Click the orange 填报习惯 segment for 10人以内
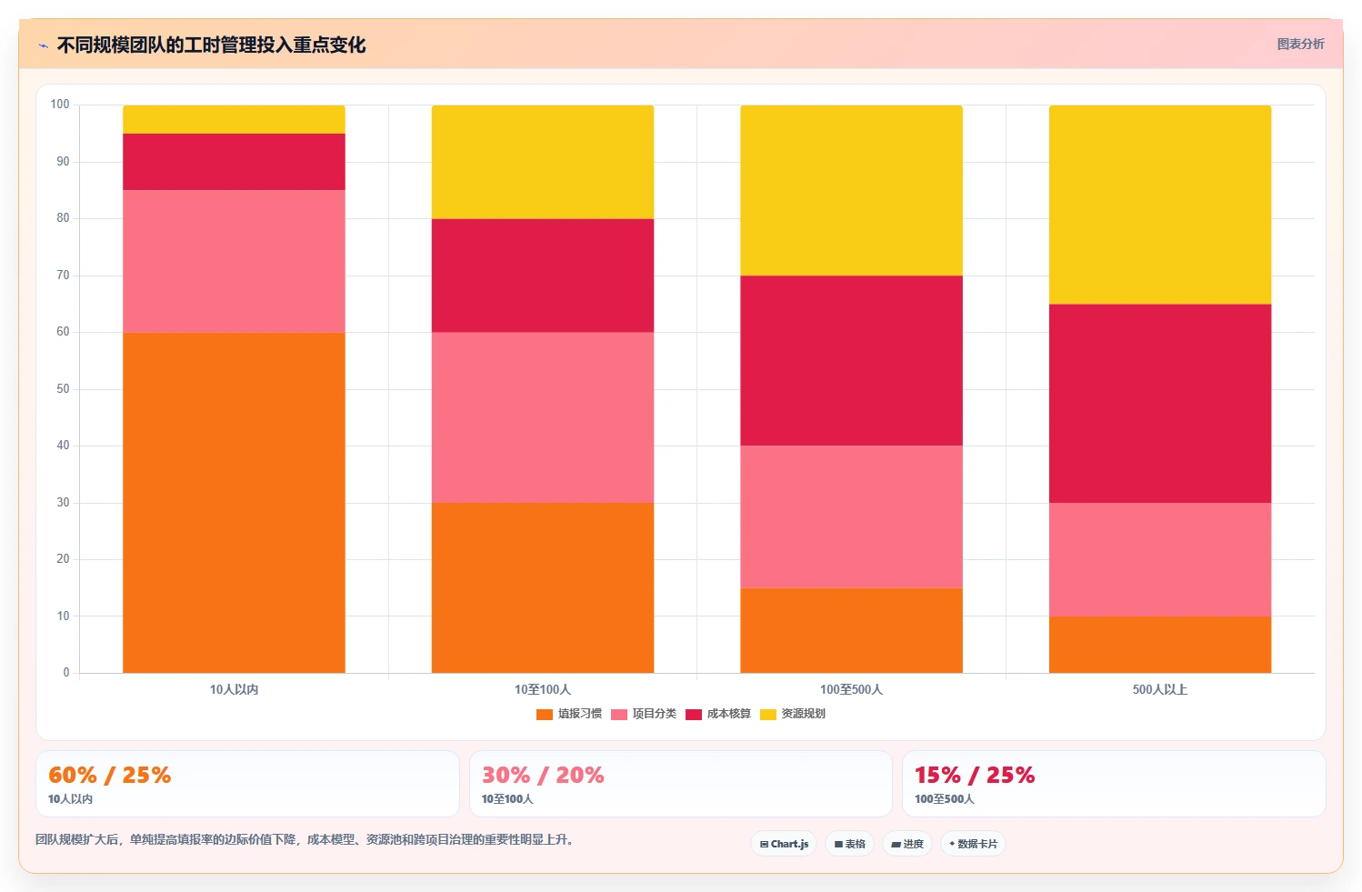coord(234,502)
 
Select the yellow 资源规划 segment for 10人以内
coord(234,120)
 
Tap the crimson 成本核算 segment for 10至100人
coord(543,276)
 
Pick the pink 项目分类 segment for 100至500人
coord(851,516)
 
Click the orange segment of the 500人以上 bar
coord(1160,645)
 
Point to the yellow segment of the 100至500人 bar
coord(851,190)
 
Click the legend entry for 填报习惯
coord(569,714)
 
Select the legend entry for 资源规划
coord(793,714)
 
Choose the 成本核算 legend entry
coord(718,714)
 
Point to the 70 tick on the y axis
coord(64,275)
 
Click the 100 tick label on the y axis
coord(60,104)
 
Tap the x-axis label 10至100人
coord(543,689)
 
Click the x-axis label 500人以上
coord(1160,689)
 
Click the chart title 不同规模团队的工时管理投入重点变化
coord(211,45)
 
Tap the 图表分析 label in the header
coord(1300,44)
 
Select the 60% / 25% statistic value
coord(110,775)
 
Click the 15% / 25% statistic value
coord(975,775)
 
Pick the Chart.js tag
coord(784,844)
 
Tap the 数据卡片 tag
coord(973,844)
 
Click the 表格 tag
coord(849,844)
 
